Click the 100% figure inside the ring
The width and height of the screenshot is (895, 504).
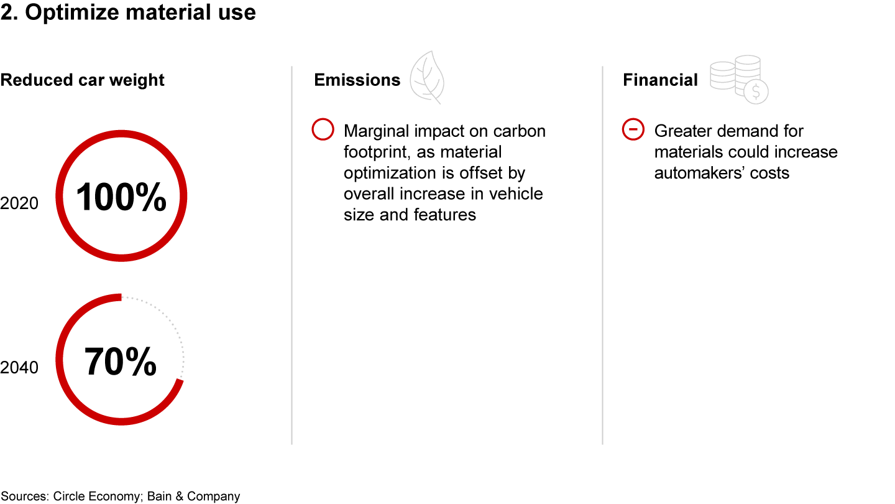(121, 197)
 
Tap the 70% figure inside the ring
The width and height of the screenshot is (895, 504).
(121, 362)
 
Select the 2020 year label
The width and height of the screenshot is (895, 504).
(19, 203)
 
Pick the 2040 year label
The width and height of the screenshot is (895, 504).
(19, 368)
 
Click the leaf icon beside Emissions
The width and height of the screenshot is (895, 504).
(427, 77)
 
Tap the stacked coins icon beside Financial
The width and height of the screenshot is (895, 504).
(739, 79)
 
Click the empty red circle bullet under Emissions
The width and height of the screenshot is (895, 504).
(323, 129)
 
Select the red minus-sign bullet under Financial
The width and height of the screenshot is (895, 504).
(633, 129)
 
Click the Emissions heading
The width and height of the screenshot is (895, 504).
(357, 80)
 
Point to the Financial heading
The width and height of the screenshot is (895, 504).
(660, 80)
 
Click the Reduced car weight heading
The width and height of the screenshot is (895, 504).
(82, 80)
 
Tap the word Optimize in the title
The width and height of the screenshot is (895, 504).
(72, 13)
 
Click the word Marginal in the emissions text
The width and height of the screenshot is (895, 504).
(377, 132)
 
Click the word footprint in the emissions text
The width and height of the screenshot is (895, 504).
(377, 152)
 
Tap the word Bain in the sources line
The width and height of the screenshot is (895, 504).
(159, 496)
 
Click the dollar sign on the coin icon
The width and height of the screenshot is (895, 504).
(756, 92)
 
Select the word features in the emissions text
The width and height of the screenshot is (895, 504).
(445, 215)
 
